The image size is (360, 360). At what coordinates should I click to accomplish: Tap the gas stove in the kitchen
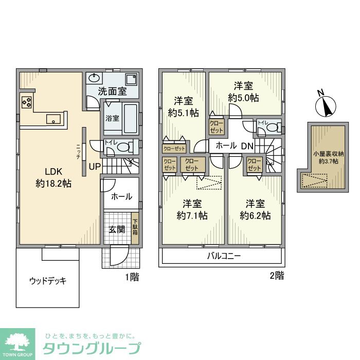[26, 101]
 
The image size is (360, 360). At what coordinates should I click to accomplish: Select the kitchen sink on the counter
[53, 119]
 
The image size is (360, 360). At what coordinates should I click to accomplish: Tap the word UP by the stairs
[95, 167]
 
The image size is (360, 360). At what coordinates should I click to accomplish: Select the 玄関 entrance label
[116, 229]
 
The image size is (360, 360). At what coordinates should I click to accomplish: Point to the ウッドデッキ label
[48, 281]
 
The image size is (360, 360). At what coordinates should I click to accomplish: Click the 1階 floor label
[132, 277]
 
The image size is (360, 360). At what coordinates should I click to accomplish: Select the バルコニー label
[224, 256]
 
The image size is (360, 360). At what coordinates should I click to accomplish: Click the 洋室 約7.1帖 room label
[192, 210]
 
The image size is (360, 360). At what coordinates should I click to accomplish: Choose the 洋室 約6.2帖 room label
[255, 210]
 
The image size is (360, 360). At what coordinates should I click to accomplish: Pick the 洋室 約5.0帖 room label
[244, 92]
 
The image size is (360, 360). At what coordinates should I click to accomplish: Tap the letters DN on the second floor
[247, 146]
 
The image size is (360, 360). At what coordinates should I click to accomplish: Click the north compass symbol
[325, 105]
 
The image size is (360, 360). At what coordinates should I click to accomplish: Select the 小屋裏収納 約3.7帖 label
[326, 157]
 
